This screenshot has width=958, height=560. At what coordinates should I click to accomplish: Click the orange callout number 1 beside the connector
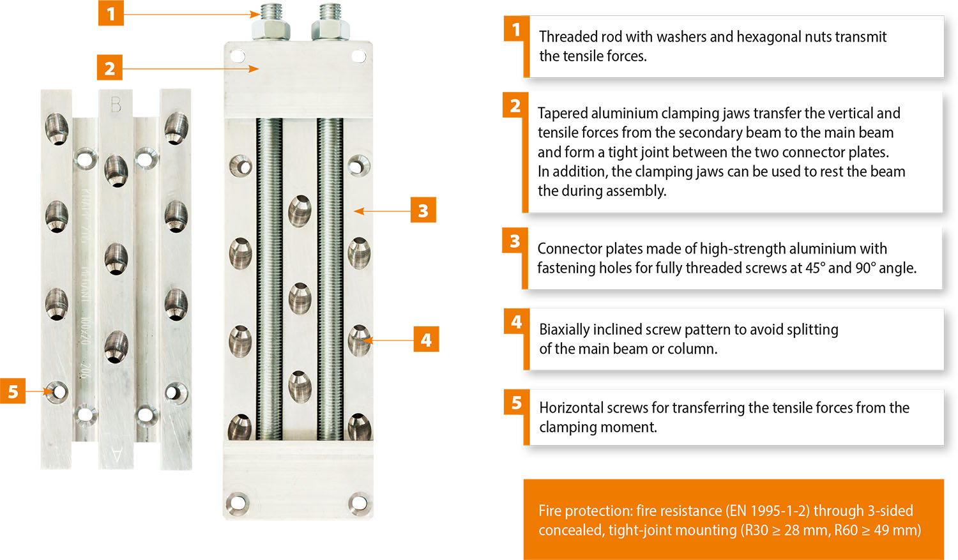110,13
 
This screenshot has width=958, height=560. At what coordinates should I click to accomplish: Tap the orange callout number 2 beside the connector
109,68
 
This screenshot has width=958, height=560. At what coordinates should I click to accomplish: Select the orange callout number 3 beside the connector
423,210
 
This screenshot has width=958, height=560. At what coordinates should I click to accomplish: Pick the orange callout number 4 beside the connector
426,340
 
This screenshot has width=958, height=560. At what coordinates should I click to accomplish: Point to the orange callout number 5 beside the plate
13,391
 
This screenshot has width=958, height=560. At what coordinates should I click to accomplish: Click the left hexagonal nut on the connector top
271,30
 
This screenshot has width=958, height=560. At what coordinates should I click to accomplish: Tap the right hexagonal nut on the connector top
331,30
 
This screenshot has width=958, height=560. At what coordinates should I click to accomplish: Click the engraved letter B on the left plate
116,104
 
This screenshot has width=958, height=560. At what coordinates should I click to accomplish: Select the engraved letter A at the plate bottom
116,455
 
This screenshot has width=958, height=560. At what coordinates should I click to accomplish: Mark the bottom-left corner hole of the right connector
238,503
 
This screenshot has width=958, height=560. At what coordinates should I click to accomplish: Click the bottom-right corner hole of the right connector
359,503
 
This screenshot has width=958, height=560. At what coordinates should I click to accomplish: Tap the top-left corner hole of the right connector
238,56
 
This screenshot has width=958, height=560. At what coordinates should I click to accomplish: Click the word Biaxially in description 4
564,329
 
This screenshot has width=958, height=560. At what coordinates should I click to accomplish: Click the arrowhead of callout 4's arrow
368,340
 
